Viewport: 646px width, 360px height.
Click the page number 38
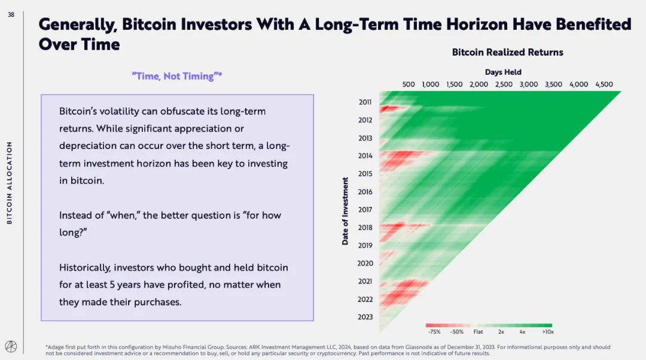tap(11, 15)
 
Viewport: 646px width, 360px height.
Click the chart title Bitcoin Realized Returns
tap(507, 52)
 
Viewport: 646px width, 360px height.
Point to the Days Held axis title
tap(503, 72)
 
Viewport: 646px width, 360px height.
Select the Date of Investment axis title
tap(345, 210)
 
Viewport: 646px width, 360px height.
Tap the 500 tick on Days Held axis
tap(409, 84)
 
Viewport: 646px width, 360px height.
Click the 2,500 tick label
tap(504, 84)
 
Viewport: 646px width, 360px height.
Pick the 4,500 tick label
tap(604, 84)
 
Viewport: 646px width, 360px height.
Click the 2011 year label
tap(365, 102)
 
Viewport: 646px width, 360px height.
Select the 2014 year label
tap(365, 156)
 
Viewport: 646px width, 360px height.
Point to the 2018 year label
tap(365, 228)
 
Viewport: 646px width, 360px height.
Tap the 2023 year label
tap(365, 318)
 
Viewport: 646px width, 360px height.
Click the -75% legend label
tap(435, 331)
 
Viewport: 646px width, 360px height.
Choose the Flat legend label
tap(478, 331)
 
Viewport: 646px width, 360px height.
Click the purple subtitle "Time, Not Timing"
tap(176, 76)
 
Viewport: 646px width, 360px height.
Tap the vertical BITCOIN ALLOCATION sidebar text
tap(9, 183)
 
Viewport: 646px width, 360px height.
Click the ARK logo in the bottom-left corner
tap(11, 347)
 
